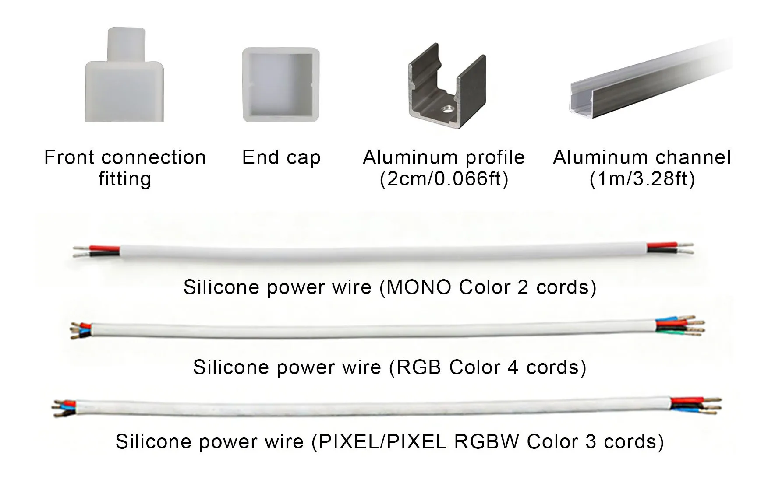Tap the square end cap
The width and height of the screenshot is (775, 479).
pos(281,85)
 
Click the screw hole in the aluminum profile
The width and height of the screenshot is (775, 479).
pos(447,108)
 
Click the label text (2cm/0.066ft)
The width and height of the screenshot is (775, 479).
pos(444,179)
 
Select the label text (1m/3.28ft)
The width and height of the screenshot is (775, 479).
pos(642,179)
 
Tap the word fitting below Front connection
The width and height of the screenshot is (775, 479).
pos(125,179)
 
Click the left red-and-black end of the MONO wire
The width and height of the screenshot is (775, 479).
pos(96,251)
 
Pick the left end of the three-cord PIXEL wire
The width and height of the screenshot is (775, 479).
pos(65,408)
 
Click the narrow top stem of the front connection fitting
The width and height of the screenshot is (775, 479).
pos(126,45)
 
